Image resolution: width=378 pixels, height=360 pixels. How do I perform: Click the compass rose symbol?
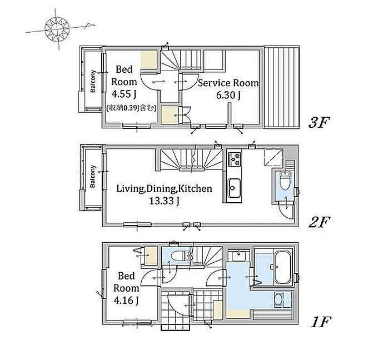tap(57, 29)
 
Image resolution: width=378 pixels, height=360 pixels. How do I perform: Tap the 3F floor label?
tap(319, 122)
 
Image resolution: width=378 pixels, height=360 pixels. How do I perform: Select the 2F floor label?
tap(319, 222)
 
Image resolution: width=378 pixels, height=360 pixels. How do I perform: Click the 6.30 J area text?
tap(228, 96)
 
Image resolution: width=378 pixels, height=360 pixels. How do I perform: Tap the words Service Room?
tap(228, 83)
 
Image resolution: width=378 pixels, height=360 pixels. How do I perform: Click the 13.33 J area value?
tap(164, 201)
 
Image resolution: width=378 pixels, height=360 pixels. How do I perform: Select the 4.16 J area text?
tap(126, 301)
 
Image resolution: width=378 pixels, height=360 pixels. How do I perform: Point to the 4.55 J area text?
tap(124, 94)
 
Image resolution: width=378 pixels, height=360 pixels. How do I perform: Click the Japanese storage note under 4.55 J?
tap(131, 108)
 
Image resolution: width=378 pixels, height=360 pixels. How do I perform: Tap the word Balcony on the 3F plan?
tap(93, 81)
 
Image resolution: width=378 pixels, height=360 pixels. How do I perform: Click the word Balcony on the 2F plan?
tap(93, 176)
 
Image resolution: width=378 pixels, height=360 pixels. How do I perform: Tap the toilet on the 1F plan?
tap(180, 256)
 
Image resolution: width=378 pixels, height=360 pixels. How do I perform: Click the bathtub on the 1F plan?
tap(282, 268)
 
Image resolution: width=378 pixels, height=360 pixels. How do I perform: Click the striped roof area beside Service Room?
tap(282, 87)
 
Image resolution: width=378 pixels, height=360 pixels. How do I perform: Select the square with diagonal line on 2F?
tap(273, 158)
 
